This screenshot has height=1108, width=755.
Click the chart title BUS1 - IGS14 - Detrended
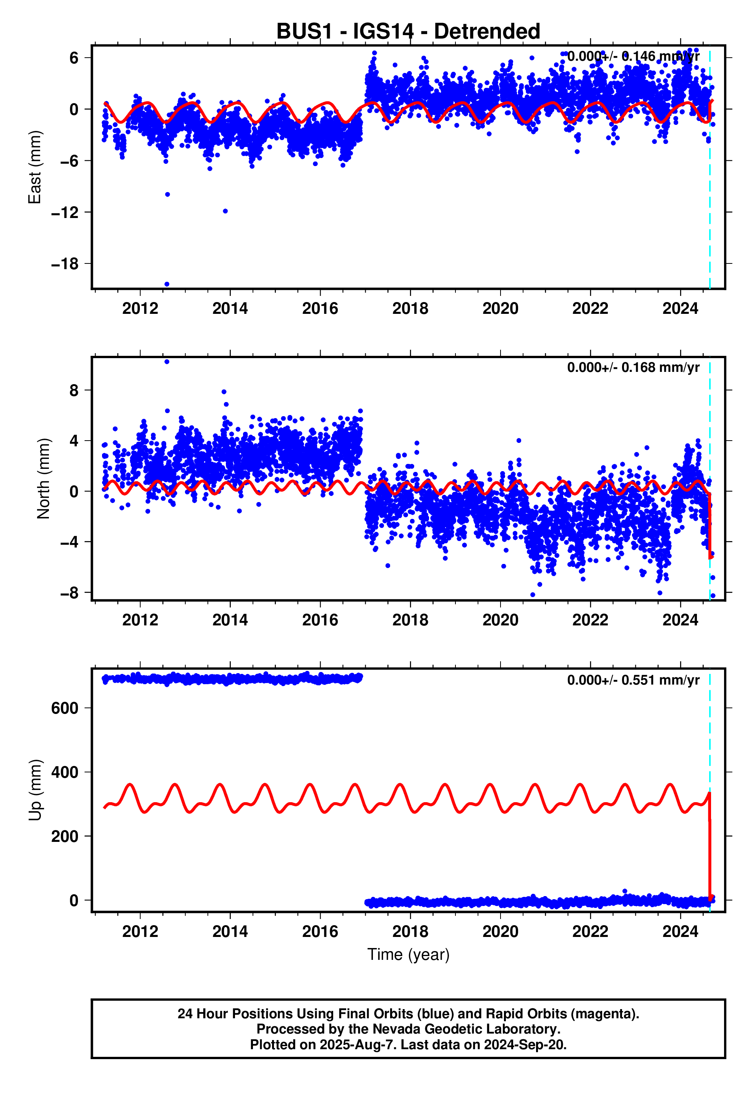tap(408, 31)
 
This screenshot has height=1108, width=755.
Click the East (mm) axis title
tap(34, 167)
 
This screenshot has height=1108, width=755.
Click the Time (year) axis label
tap(408, 954)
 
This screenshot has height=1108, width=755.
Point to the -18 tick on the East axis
tap(65, 264)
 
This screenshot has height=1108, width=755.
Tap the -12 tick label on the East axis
tap(65, 212)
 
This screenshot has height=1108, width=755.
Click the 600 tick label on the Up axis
tap(65, 708)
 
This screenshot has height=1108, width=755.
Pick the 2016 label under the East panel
tap(320, 308)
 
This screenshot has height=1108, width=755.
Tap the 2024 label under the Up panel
tap(680, 931)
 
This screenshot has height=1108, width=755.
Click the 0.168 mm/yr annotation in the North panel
tap(633, 368)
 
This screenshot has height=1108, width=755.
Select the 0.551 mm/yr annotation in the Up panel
tap(633, 680)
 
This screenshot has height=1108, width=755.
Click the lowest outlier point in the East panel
tap(167, 284)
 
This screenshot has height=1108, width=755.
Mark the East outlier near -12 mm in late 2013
tap(225, 211)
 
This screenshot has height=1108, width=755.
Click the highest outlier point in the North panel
tap(167, 362)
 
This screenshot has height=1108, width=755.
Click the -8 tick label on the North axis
tap(69, 593)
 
